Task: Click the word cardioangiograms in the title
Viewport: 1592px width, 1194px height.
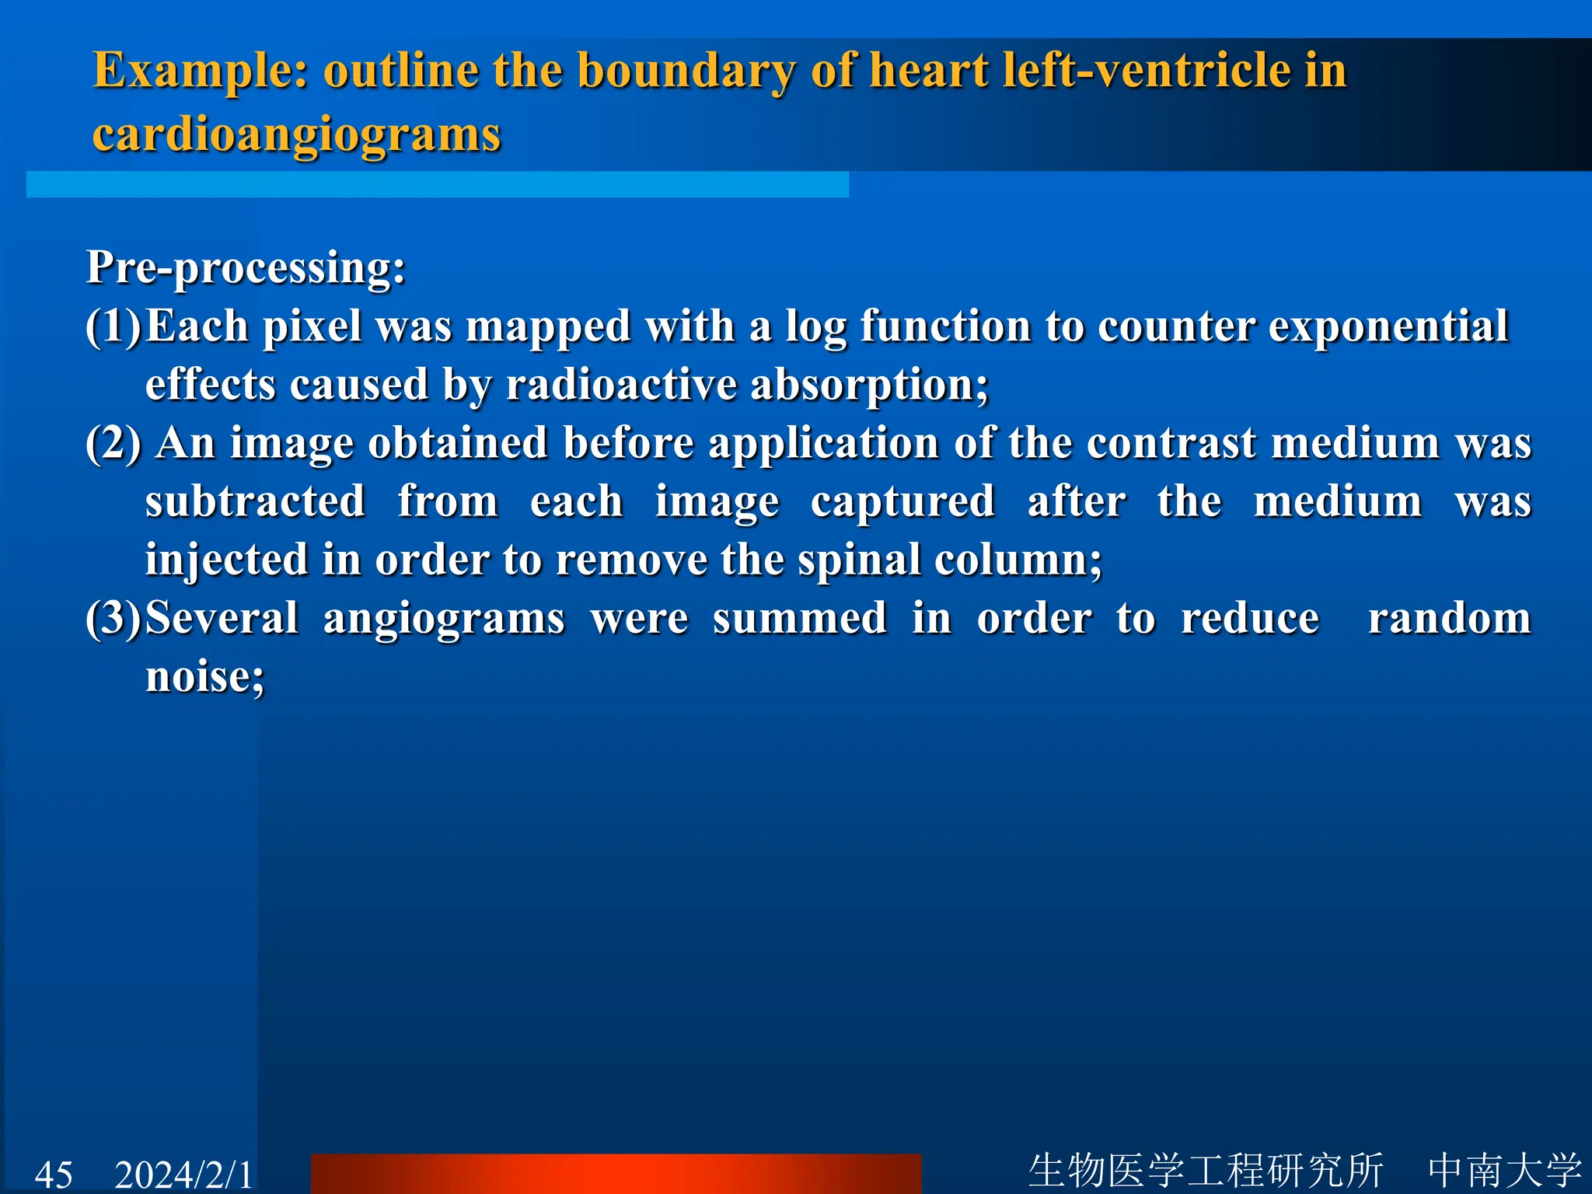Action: click(x=296, y=135)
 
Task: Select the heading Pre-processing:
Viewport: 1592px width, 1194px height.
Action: click(x=246, y=268)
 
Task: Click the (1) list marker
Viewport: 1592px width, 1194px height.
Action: click(x=113, y=326)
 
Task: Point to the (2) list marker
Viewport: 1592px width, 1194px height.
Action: click(x=113, y=444)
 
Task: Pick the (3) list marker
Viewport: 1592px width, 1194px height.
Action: click(x=113, y=619)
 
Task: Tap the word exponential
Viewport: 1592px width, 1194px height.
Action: click(x=1388, y=326)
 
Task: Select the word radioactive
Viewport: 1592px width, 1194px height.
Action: click(x=620, y=385)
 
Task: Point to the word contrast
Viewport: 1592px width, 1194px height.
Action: click(x=1171, y=444)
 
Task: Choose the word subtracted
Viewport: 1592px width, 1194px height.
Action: click(x=255, y=502)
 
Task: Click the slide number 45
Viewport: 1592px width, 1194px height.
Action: click(x=54, y=1175)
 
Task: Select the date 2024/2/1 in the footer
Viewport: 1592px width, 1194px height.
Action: click(x=184, y=1175)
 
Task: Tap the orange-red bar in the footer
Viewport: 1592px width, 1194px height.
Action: click(x=616, y=1175)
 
